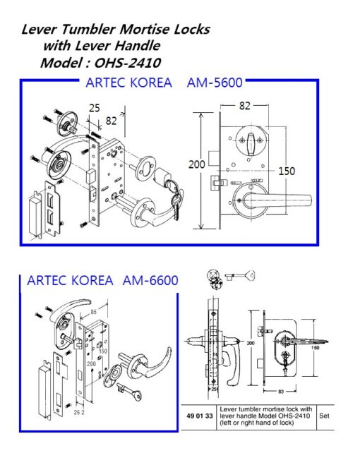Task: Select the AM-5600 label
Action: (x=215, y=83)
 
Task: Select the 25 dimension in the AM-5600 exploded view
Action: (x=94, y=108)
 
